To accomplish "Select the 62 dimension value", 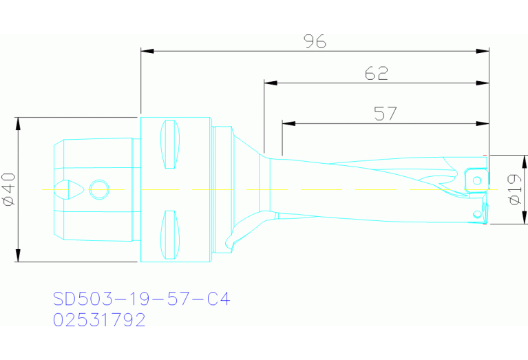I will point(377,74).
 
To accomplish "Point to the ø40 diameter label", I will point(8,189).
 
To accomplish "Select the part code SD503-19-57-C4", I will point(141,299).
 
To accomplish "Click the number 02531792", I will point(99,320).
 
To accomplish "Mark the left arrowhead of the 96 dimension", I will point(146,50).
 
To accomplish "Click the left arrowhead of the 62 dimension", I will point(269,83).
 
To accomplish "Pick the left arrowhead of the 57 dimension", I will point(288,123).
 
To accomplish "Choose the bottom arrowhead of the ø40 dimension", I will point(19,257).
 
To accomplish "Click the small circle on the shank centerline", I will point(99,189).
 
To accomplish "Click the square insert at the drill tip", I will point(476,180).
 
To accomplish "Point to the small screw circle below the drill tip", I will point(476,214).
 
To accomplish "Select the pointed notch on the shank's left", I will point(70,189).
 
